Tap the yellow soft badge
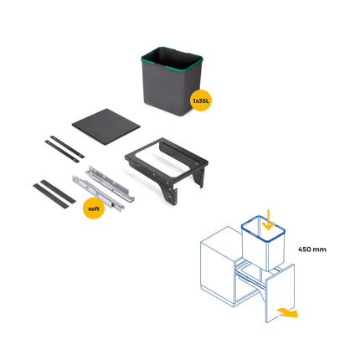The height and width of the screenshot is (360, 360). (95, 208)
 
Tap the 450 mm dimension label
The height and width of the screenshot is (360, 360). (312, 249)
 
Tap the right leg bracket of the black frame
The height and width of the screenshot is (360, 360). (199, 177)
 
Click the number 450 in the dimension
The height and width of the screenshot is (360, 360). (305, 249)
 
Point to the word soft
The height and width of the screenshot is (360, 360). (95, 208)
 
